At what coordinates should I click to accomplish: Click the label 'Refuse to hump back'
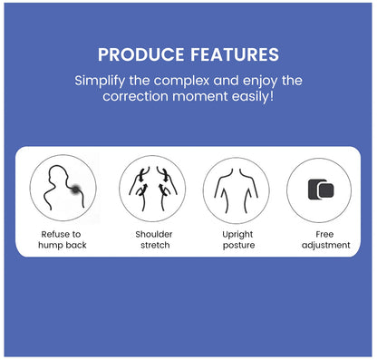(x=63, y=238)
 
